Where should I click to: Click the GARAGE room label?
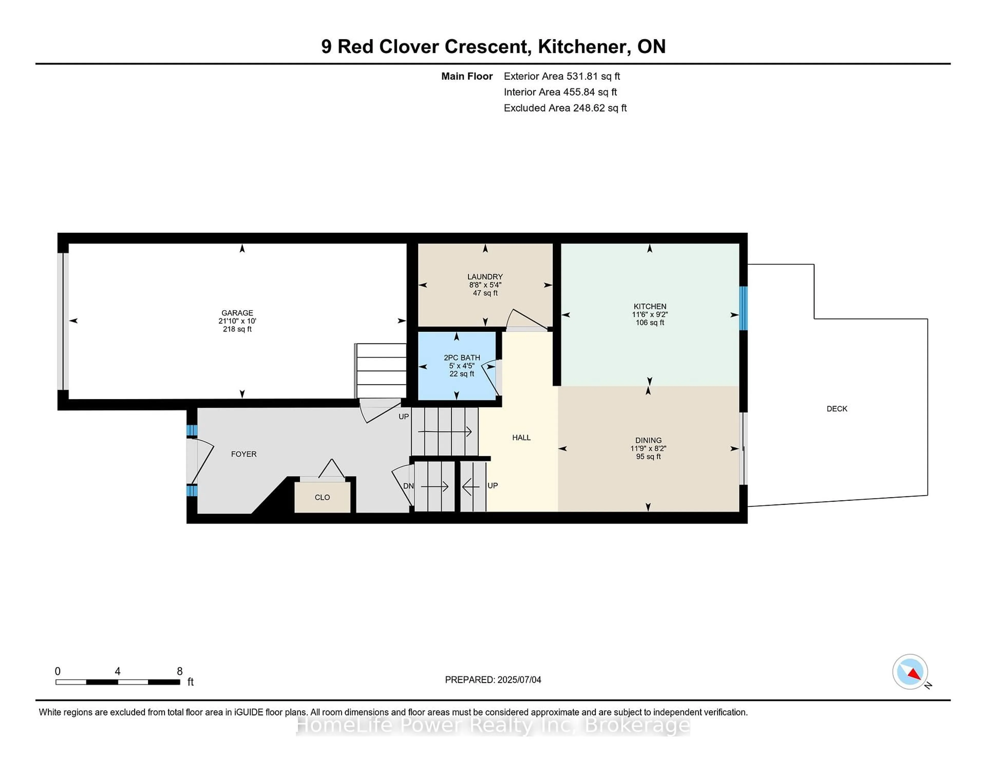point(237,312)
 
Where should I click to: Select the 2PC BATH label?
point(461,358)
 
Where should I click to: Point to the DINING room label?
point(648,440)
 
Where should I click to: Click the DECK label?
point(837,408)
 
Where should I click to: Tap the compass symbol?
point(910,672)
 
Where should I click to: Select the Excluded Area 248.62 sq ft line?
point(565,108)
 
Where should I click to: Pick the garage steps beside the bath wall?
point(381,370)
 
